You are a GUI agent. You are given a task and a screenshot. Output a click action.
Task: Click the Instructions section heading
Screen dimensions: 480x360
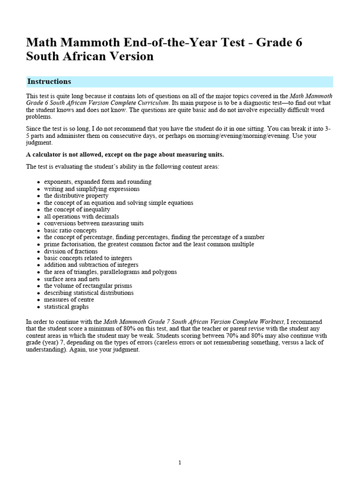point(49,82)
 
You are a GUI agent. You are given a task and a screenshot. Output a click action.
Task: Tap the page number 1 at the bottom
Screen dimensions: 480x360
point(180,463)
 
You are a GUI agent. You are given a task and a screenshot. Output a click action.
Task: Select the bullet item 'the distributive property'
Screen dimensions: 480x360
point(76,196)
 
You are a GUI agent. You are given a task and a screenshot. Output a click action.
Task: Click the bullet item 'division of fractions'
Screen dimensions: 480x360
point(71,251)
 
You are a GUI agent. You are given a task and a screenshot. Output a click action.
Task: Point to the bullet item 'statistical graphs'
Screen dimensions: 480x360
point(66,307)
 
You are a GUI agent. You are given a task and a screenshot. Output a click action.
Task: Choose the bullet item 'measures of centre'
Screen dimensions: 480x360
point(69,300)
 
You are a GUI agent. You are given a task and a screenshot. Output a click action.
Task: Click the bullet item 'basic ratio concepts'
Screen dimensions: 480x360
point(70,231)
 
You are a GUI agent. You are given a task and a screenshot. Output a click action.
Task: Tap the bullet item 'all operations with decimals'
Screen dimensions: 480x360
point(82,217)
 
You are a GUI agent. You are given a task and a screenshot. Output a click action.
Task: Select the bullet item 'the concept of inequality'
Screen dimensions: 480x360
point(77,210)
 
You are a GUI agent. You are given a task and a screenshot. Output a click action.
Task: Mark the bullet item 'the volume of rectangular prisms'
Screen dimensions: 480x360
point(88,286)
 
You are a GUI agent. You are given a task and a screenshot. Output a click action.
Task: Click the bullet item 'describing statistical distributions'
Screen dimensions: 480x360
point(89,292)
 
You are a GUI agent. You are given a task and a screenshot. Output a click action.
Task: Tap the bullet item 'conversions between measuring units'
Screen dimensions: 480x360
point(94,224)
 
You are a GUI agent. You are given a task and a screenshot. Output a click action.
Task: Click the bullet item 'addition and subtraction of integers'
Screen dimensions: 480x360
point(91,265)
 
